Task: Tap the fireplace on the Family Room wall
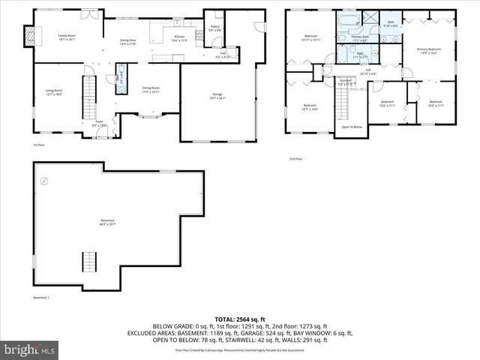click(x=30, y=35)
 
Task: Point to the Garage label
click(x=217, y=96)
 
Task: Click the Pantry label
click(x=215, y=28)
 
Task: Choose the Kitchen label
click(x=178, y=37)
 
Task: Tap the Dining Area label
click(x=128, y=41)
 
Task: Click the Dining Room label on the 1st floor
click(x=152, y=90)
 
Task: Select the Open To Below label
click(x=352, y=127)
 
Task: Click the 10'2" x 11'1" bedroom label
click(x=387, y=103)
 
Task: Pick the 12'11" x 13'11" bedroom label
click(x=310, y=38)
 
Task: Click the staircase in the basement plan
click(x=89, y=264)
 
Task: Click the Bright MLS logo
click(x=28, y=349)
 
